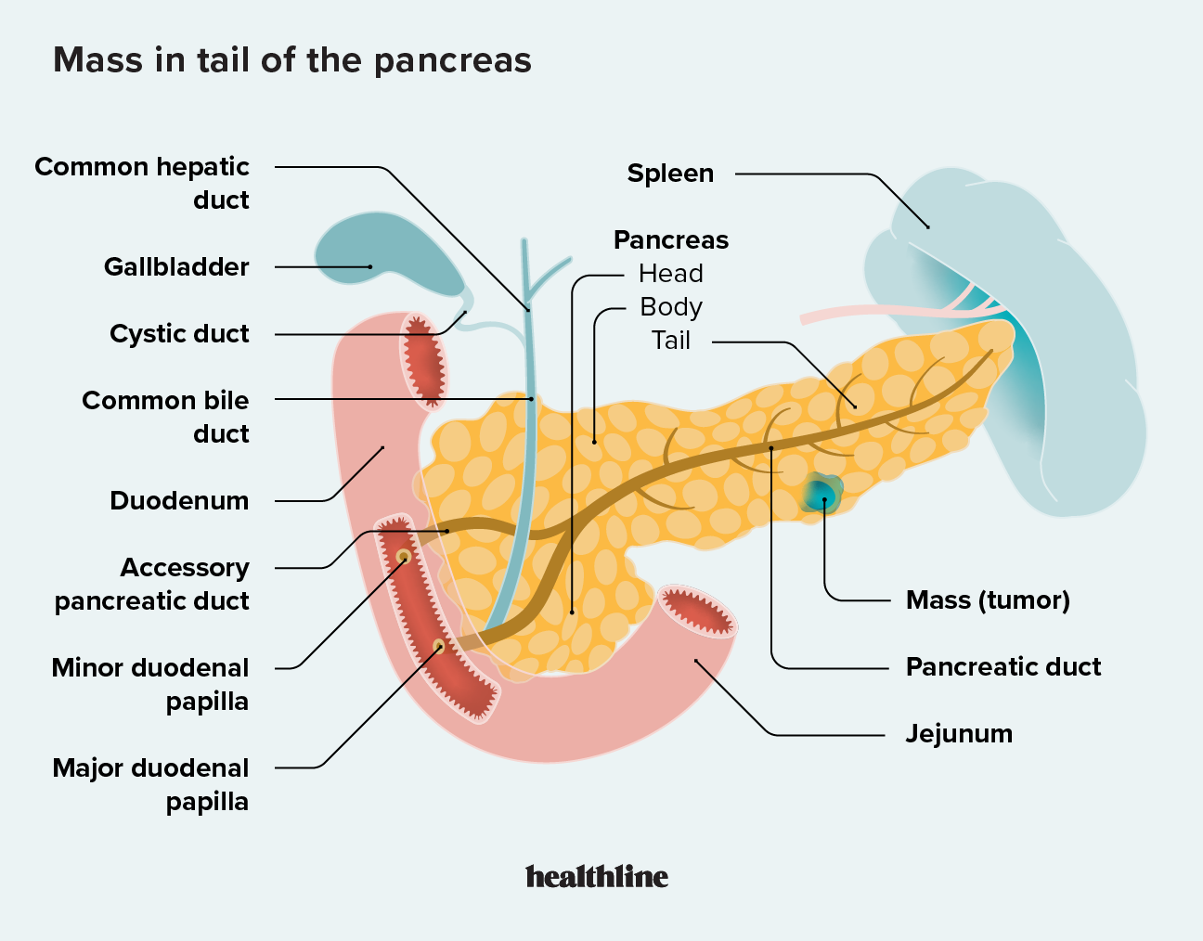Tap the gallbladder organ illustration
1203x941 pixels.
pos(381,255)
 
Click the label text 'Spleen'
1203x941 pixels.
pos(670,174)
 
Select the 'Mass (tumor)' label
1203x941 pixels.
pos(988,600)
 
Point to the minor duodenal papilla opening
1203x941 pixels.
pos(404,557)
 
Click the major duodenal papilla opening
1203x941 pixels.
pos(439,646)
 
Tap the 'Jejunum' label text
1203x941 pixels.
pos(959,734)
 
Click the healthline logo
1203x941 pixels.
pos(597,876)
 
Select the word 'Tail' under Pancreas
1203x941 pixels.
pos(670,341)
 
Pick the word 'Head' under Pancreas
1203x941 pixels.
pos(670,274)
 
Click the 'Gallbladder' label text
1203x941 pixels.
pos(176,267)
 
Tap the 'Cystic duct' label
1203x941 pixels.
pos(179,334)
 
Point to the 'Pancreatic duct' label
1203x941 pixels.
pos(1002,667)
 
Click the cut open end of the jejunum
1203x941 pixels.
pos(697,612)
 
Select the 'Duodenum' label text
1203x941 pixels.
pos(179,501)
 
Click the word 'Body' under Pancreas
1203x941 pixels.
pos(670,307)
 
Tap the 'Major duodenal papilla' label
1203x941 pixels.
pos(151,784)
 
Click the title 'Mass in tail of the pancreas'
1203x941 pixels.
pos(292,60)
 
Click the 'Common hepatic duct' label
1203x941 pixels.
pos(142,183)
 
